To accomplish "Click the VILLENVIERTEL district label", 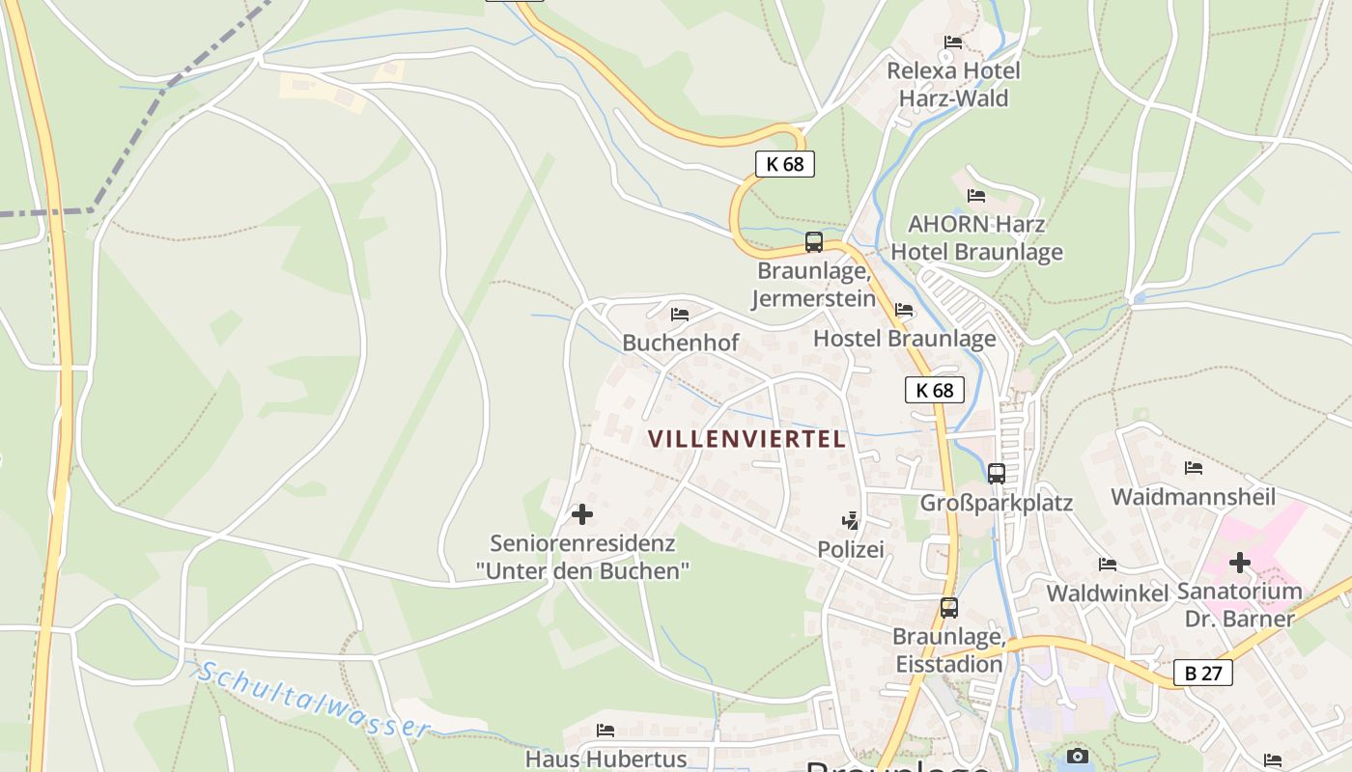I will click(746, 439).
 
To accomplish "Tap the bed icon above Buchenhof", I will click(680, 314).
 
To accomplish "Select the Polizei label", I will click(851, 549).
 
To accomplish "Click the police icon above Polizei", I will click(850, 521).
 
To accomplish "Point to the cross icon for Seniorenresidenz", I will click(582, 513).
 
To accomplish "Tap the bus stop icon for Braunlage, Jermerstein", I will click(814, 242).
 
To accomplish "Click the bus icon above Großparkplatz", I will click(997, 473).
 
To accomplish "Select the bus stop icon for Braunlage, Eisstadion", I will click(949, 608).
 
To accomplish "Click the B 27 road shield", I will click(1203, 673).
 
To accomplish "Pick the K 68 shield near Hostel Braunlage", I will click(935, 390).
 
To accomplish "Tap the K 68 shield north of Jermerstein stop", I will click(785, 164).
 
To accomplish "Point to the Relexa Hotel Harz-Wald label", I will click(953, 84).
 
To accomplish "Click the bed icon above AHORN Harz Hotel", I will click(976, 196).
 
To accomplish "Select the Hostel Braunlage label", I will click(904, 339).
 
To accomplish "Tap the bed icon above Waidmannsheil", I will click(1194, 468).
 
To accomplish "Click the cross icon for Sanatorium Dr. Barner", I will click(1240, 562).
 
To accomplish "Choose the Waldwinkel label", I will click(1108, 593).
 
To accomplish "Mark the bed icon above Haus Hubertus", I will click(606, 730).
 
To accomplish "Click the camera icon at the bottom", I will click(1078, 756).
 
